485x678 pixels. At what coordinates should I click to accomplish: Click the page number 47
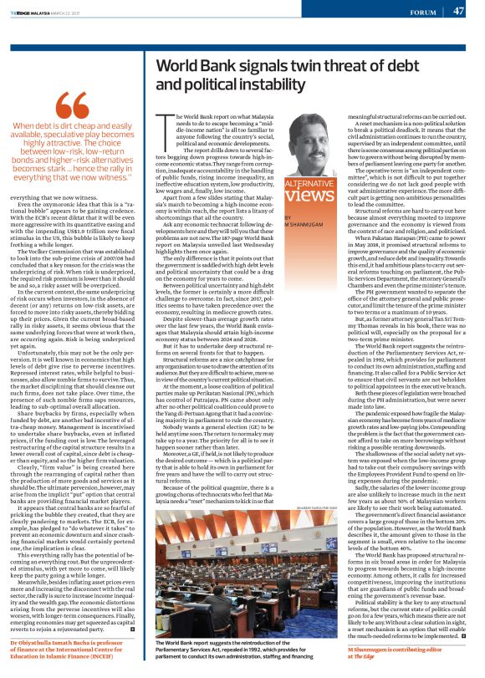click(458, 12)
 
